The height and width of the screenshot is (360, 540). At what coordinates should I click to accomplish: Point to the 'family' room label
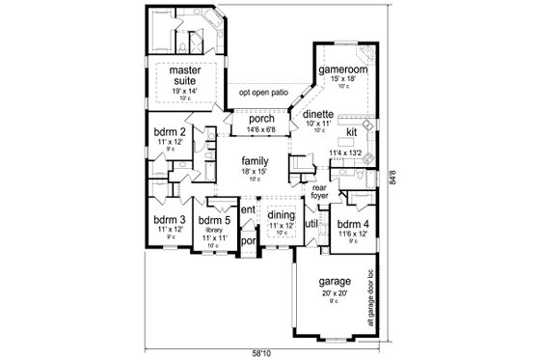click(x=255, y=161)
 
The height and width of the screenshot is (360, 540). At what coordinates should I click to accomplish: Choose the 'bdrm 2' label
click(x=170, y=130)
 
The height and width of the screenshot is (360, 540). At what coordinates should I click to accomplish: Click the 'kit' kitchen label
click(x=352, y=132)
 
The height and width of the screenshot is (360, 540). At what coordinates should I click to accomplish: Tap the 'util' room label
click(x=311, y=224)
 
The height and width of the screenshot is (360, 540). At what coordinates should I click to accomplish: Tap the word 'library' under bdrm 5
click(x=211, y=229)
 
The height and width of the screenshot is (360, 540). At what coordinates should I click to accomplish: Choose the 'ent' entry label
click(x=248, y=209)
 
